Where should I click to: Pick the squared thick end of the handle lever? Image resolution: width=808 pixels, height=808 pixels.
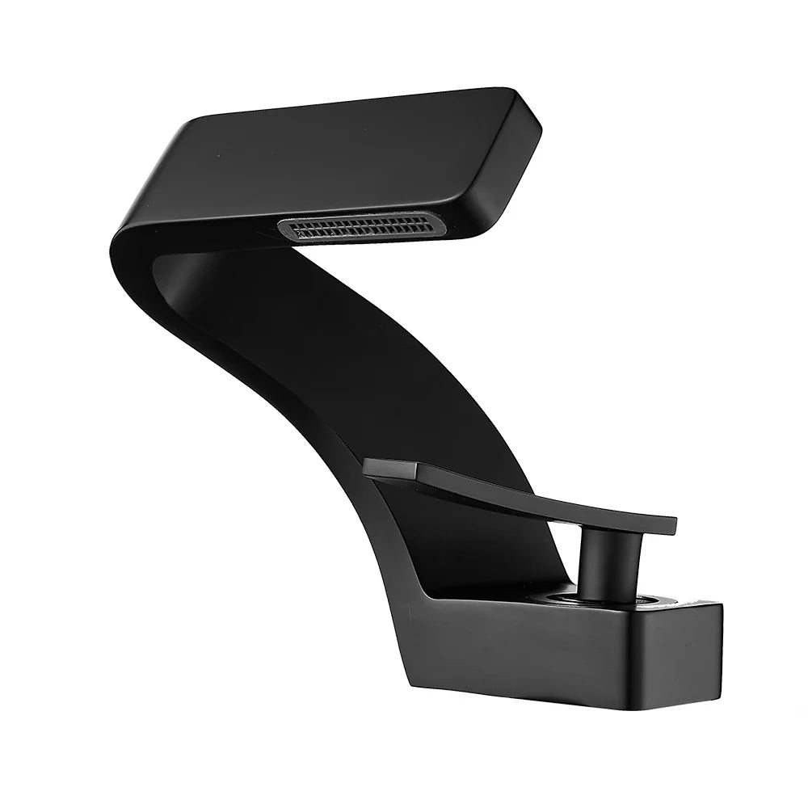coord(388,467)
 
